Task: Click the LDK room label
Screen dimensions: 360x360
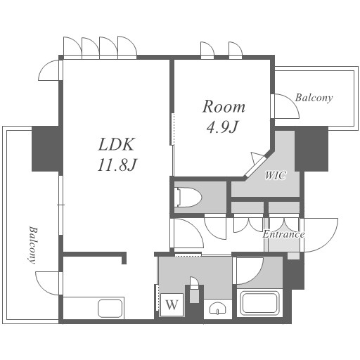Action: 117,144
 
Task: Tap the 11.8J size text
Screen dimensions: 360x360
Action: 117,165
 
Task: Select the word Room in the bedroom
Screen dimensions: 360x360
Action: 224,107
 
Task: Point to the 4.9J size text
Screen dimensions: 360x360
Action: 222,127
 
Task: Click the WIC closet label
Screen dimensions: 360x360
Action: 276,175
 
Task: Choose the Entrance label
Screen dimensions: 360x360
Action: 283,234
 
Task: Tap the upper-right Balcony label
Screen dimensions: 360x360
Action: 314,98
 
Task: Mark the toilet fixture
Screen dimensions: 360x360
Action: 188,197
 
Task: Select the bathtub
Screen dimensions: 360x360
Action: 260,304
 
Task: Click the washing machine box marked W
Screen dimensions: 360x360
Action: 172,305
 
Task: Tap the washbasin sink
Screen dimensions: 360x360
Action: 218,308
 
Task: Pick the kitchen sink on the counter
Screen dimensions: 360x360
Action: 110,308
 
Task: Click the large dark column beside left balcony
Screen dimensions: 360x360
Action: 45,149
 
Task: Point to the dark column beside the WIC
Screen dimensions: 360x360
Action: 311,149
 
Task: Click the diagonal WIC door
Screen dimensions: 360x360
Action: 255,165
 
